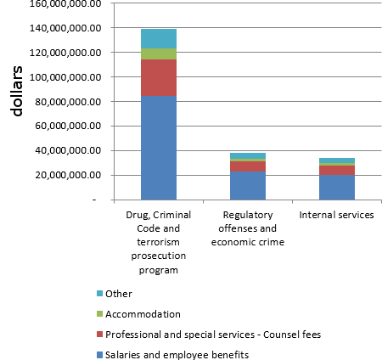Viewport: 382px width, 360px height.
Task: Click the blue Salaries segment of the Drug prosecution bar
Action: point(159,148)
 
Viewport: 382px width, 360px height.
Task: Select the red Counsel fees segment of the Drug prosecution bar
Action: point(159,78)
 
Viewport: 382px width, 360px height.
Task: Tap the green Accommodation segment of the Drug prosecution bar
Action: point(159,54)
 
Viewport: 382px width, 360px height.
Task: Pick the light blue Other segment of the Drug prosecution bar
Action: point(159,39)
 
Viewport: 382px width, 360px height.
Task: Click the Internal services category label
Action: point(336,216)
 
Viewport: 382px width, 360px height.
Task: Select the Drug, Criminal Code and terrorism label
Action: point(159,243)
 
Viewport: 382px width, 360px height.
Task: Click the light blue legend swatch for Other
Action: point(101,294)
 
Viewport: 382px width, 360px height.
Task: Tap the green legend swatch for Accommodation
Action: point(101,314)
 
